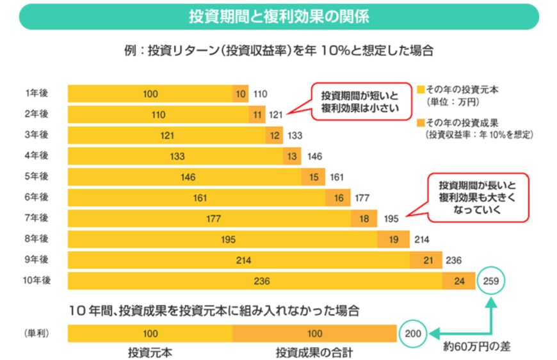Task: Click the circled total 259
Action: [x=492, y=281]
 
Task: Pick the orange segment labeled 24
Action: [x=458, y=281]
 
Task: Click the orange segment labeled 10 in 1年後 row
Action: [x=240, y=94]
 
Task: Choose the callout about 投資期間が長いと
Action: [x=478, y=197]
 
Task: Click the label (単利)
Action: [x=36, y=334]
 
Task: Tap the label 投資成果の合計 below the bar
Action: [x=314, y=352]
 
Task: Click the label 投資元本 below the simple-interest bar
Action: [x=150, y=352]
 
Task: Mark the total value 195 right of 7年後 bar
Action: [x=391, y=218]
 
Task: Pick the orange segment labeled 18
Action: [x=364, y=218]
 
